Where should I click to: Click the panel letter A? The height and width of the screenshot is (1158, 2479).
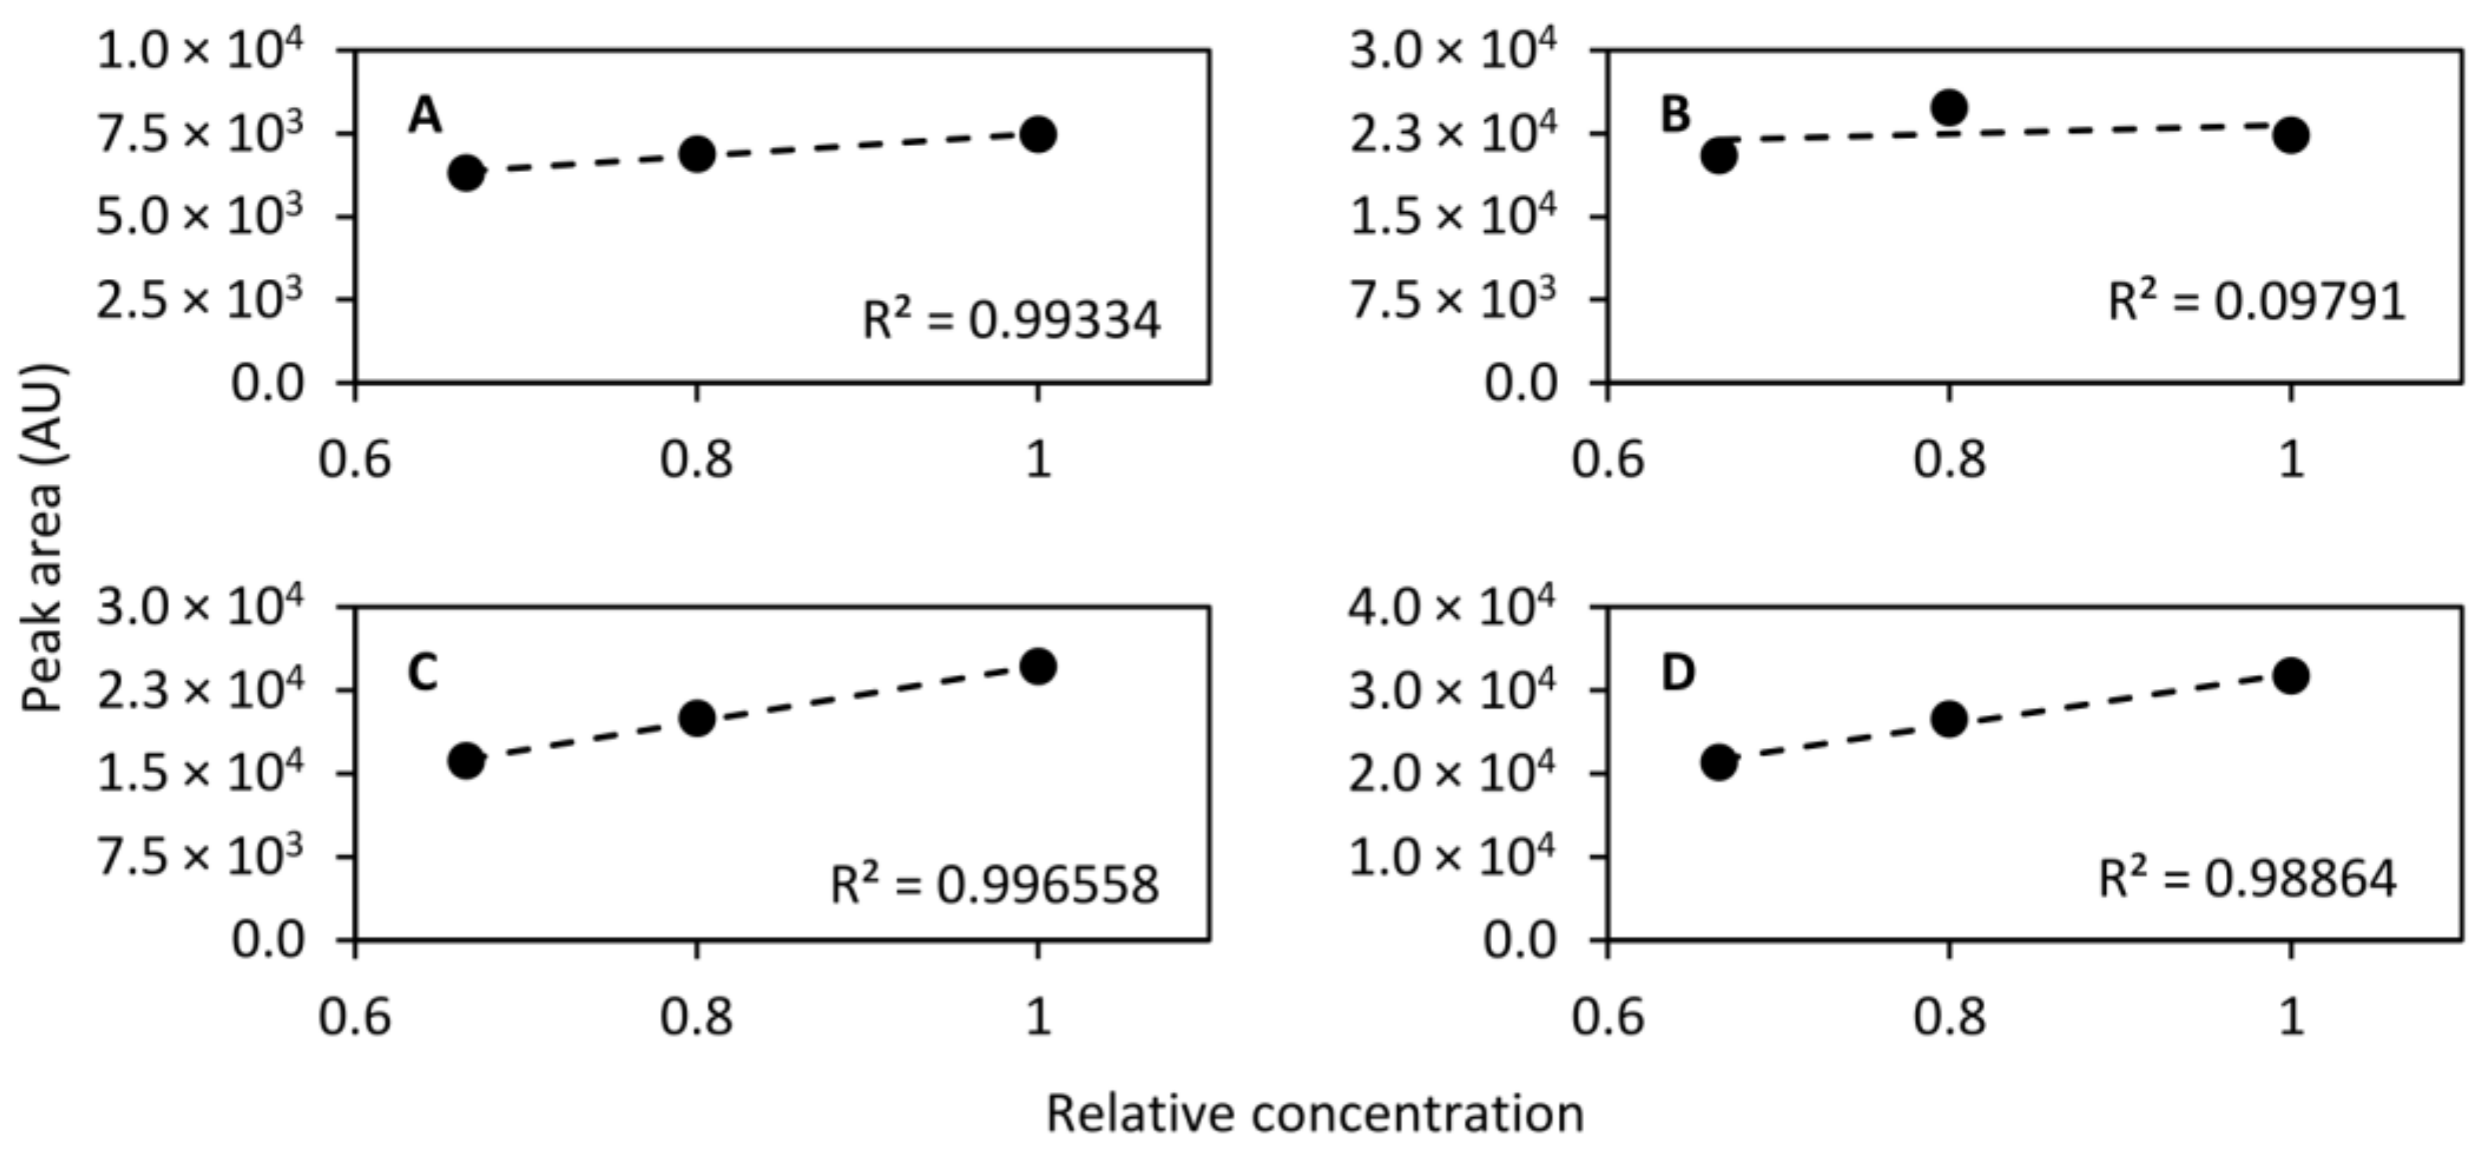(424, 116)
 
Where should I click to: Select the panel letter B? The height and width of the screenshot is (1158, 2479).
(1675, 115)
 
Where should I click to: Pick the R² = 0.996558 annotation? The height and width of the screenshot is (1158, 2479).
(995, 883)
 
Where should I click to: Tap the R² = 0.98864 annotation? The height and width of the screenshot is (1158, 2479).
(2247, 876)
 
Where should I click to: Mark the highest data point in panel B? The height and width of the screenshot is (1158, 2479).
(1949, 107)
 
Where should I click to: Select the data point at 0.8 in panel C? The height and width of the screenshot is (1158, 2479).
(697, 717)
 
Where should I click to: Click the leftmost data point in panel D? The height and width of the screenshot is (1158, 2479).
(1718, 762)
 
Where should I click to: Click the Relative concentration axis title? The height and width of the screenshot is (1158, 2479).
(1315, 1115)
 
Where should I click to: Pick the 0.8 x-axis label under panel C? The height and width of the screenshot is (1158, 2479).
(697, 1017)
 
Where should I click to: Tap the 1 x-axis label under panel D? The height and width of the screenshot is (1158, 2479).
(2292, 1017)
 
